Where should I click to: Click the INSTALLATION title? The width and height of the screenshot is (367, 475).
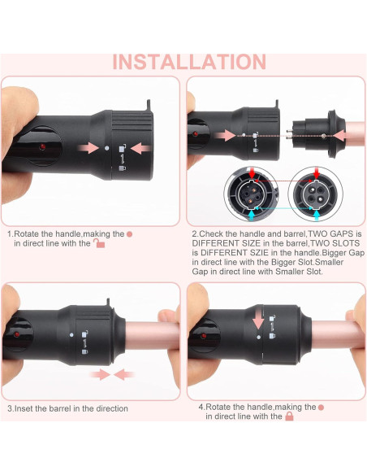[188, 62]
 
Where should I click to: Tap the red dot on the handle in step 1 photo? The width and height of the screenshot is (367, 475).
[41, 146]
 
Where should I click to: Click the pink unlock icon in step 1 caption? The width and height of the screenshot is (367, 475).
[99, 242]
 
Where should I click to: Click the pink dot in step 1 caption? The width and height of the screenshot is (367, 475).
[128, 233]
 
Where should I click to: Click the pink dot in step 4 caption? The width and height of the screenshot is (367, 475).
[321, 406]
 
